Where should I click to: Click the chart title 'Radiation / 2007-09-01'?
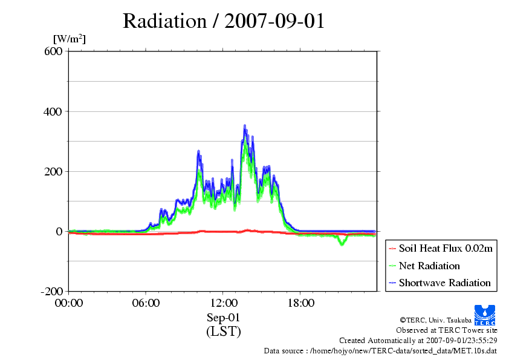(224, 21)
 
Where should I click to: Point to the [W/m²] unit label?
(70, 39)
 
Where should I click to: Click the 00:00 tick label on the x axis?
(68, 303)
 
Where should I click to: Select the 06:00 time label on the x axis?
(146, 303)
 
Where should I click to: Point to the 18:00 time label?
(300, 303)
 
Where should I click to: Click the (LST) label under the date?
(223, 332)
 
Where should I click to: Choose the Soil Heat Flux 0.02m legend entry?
(441, 249)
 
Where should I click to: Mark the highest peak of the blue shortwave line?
(245, 126)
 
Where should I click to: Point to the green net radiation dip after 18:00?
(342, 244)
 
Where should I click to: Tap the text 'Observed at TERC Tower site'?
(446, 330)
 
